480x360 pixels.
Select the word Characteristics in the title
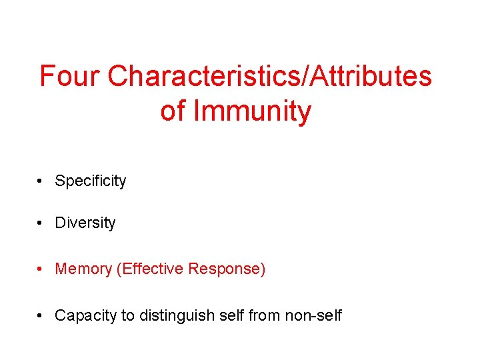coord(204,77)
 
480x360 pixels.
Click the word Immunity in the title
coord(252,111)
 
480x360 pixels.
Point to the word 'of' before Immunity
coord(173,111)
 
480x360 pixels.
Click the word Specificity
coord(90,181)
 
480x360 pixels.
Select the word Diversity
coord(85,223)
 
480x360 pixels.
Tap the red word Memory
coord(83,269)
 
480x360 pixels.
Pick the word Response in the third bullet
coord(227,269)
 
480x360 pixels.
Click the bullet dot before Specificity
coord(41,181)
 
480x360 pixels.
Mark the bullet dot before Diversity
coord(41,223)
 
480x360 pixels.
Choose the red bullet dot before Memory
coord(41,269)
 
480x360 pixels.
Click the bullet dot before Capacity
coord(41,315)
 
